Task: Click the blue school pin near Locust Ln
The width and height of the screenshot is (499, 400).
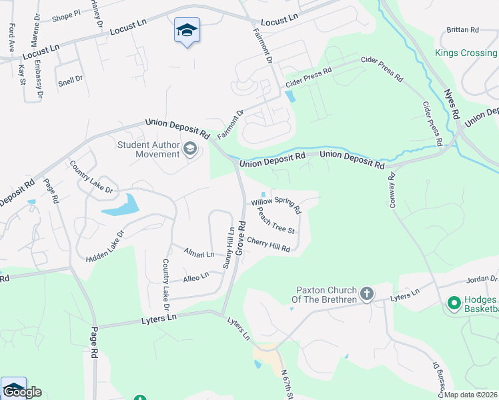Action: [187, 30]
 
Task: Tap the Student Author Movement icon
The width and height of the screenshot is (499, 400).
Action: [190, 148]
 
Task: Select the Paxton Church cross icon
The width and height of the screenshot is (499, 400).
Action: [366, 293]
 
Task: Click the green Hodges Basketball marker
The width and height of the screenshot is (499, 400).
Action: [455, 304]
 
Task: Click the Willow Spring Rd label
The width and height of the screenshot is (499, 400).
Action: [276, 206]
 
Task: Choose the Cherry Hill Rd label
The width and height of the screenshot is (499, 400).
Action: [268, 244]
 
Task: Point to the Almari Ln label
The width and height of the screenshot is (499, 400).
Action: [200, 254]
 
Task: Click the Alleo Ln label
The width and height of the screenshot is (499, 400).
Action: [196, 275]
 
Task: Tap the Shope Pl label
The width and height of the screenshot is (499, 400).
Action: [65, 14]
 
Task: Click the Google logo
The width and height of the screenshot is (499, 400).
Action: [21, 392]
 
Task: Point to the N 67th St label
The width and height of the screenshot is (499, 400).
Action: [287, 385]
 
